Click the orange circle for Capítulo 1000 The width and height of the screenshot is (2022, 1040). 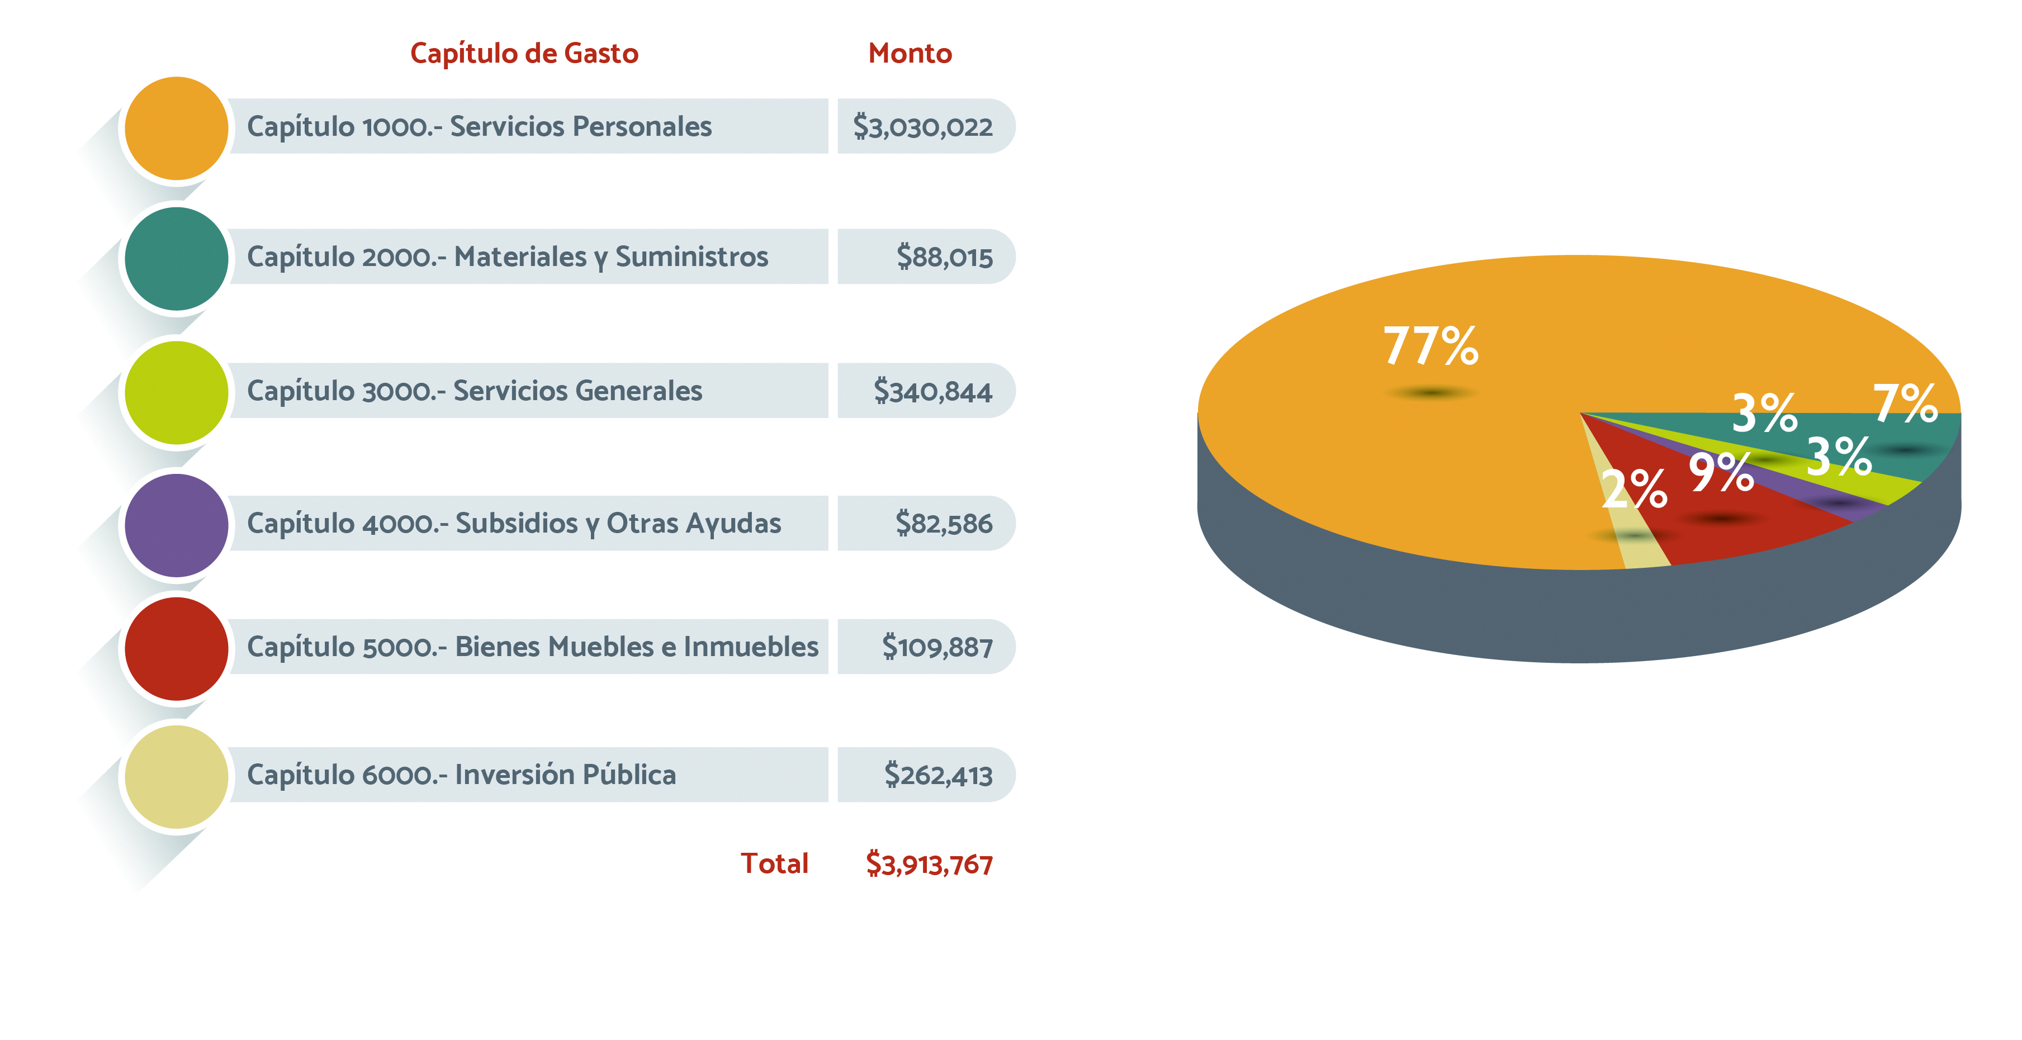pos(177,128)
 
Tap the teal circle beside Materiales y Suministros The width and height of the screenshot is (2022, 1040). pos(177,258)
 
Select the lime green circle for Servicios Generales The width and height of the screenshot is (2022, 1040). pos(177,392)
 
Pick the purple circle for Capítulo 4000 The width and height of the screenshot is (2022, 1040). pos(177,525)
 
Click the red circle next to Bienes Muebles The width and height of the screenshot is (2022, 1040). pos(177,648)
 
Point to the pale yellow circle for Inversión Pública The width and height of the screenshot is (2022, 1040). pos(177,776)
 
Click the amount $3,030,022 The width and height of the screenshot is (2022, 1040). pos(922,126)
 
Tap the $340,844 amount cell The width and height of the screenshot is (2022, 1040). pos(932,391)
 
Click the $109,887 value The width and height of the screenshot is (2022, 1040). pos(937,647)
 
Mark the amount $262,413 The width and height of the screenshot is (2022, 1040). pos(938,775)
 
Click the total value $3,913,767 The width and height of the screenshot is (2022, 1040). pos(929,864)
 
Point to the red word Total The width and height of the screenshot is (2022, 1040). pos(774,863)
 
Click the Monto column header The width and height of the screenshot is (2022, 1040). pos(910,54)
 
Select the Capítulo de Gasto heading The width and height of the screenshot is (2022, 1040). pos(524,54)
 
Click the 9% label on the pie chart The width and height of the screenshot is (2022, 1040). pos(1721,473)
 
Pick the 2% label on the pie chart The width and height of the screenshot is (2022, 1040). pos(1633,488)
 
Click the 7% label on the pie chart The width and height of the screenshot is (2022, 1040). pos(1905,403)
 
